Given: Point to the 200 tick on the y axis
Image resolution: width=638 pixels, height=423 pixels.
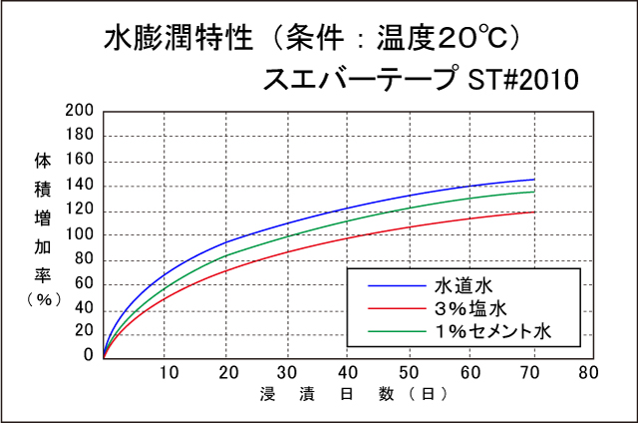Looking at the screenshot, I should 80,111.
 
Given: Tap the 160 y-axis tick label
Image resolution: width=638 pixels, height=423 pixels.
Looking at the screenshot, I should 80,160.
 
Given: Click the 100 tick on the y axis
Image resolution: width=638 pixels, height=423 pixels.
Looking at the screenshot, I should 80,233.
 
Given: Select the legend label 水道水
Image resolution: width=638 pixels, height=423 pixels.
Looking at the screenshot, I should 460,284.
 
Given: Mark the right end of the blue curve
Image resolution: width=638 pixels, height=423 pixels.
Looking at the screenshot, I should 534,180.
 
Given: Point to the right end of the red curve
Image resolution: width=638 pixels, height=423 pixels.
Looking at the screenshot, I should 534,211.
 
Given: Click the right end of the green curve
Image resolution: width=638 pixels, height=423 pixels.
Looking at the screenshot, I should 534,192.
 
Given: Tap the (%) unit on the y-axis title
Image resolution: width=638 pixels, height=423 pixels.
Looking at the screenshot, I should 43,298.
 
